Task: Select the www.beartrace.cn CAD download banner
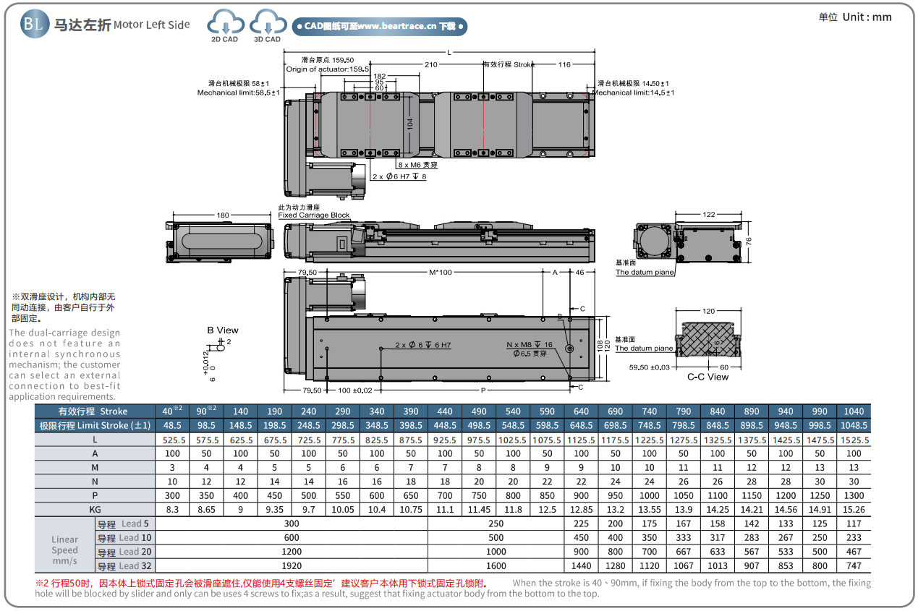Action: pyautogui.click(x=379, y=27)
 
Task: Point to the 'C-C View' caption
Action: pyautogui.click(x=707, y=377)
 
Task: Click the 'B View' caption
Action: pyautogui.click(x=223, y=330)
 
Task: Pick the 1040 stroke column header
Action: pyautogui.click(x=854, y=411)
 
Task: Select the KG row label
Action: pyautogui.click(x=95, y=509)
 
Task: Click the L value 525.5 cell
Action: pyautogui.click(x=172, y=440)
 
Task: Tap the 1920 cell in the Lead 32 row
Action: pyautogui.click(x=292, y=565)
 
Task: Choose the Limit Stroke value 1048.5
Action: pyautogui.click(x=854, y=425)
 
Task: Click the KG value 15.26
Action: pyautogui.click(x=854, y=509)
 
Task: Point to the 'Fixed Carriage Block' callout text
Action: pyautogui.click(x=314, y=215)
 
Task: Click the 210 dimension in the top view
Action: pyautogui.click(x=431, y=65)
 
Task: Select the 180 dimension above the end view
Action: pyautogui.click(x=222, y=215)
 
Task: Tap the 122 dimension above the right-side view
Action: pyautogui.click(x=708, y=215)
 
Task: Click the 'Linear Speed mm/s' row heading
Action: pyautogui.click(x=64, y=550)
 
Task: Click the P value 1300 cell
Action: pyautogui.click(x=854, y=495)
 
